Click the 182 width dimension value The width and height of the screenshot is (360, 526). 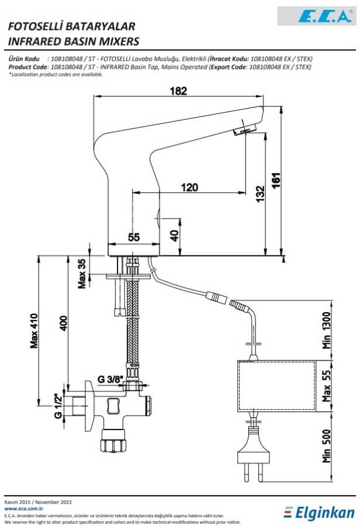178,91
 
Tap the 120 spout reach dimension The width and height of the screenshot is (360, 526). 189,187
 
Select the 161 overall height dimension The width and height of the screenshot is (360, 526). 276,181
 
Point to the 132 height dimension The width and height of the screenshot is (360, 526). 261,194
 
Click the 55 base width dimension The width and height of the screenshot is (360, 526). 134,237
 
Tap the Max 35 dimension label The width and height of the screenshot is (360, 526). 82,274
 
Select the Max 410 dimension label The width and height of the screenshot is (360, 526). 34,331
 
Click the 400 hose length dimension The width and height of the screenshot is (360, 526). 63,323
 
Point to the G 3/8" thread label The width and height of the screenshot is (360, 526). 110,379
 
